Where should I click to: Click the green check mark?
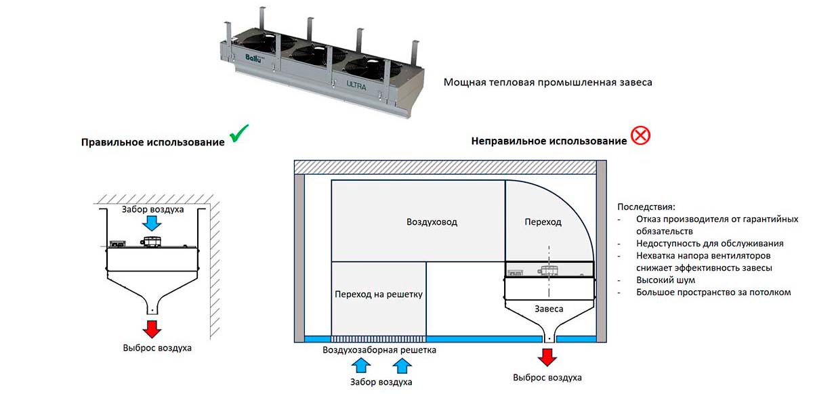[238, 134]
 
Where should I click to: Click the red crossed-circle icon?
[640, 136]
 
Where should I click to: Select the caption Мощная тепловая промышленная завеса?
[547, 83]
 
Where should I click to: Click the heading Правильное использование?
[152, 143]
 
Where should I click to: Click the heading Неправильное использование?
[549, 141]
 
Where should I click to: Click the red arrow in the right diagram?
[547, 357]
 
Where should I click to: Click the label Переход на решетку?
[379, 294]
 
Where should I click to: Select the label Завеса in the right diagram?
[549, 309]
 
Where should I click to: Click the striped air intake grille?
[378, 338]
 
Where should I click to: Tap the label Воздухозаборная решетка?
[379, 350]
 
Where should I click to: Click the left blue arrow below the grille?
[362, 366]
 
